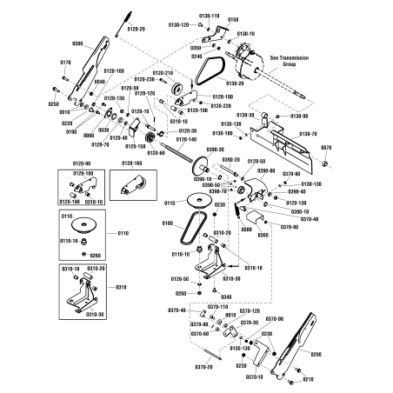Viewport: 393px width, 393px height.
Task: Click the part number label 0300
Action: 77,43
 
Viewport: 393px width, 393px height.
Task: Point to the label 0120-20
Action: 138,29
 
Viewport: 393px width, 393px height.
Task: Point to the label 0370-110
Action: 217,307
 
